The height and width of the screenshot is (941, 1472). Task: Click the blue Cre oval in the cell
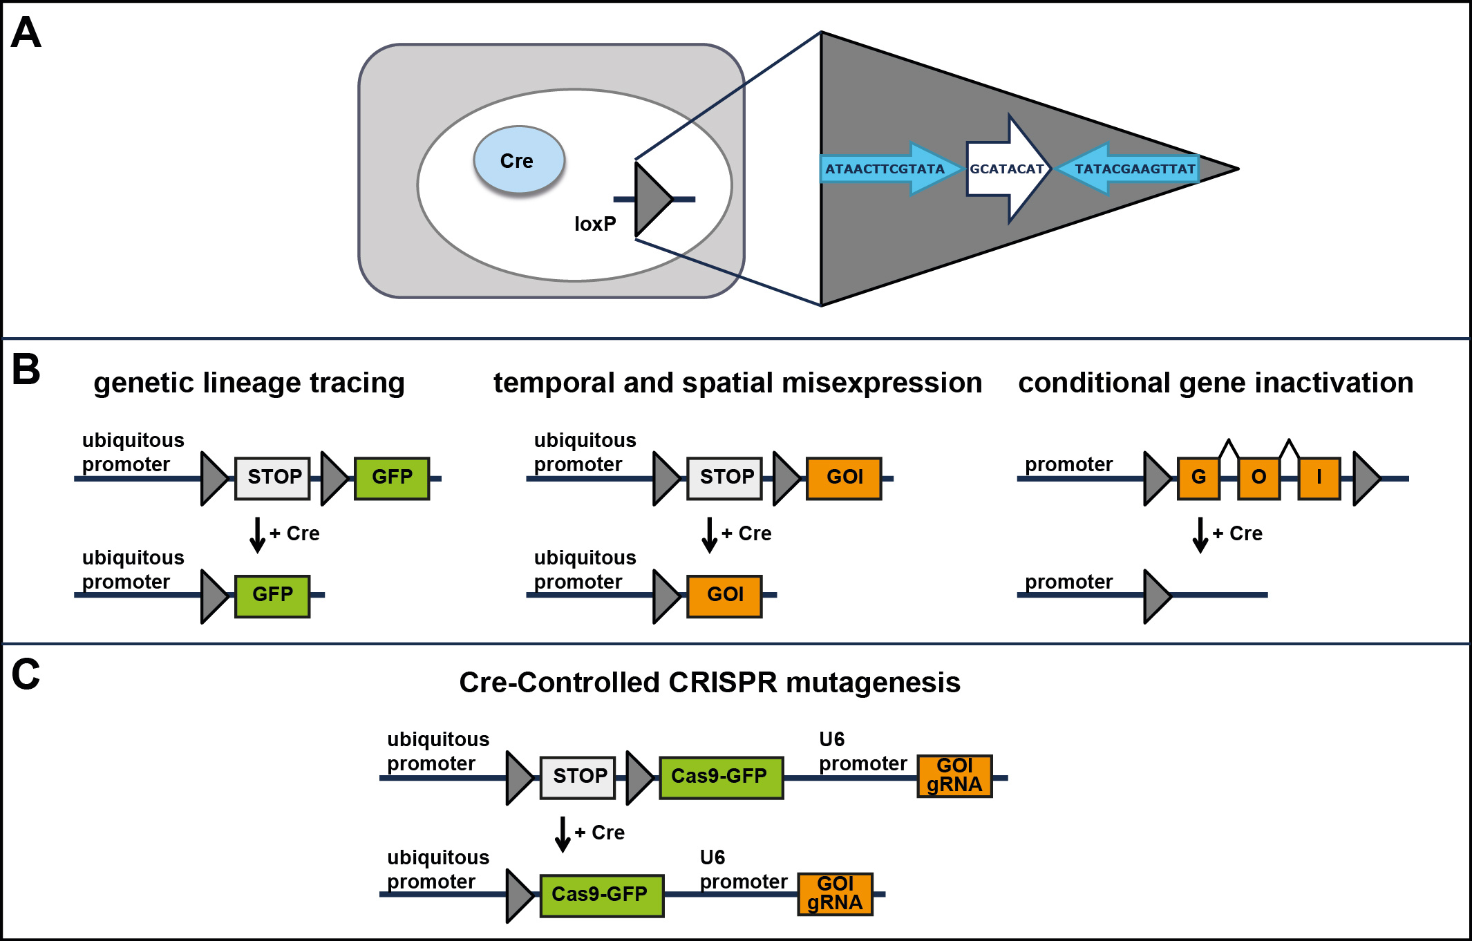click(518, 160)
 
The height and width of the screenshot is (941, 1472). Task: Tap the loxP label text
click(595, 224)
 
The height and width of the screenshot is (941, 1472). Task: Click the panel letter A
click(26, 32)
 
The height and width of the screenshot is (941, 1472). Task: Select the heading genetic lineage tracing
click(249, 383)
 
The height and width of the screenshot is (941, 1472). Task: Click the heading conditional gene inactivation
click(1216, 383)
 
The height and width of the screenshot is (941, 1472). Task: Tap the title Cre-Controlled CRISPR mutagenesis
click(710, 683)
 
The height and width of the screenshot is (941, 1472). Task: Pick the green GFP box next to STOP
click(392, 477)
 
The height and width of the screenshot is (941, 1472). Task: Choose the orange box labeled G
click(1198, 477)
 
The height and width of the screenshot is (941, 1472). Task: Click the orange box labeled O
click(1258, 477)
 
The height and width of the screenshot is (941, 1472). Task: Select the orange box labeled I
click(1319, 477)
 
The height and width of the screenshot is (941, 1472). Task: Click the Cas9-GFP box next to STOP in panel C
click(721, 777)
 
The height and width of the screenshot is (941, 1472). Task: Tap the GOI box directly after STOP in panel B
click(844, 477)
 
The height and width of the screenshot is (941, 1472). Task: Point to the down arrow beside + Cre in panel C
click(563, 834)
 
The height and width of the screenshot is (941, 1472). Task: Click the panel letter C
click(26, 674)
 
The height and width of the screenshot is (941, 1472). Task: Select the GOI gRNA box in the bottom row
click(835, 894)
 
